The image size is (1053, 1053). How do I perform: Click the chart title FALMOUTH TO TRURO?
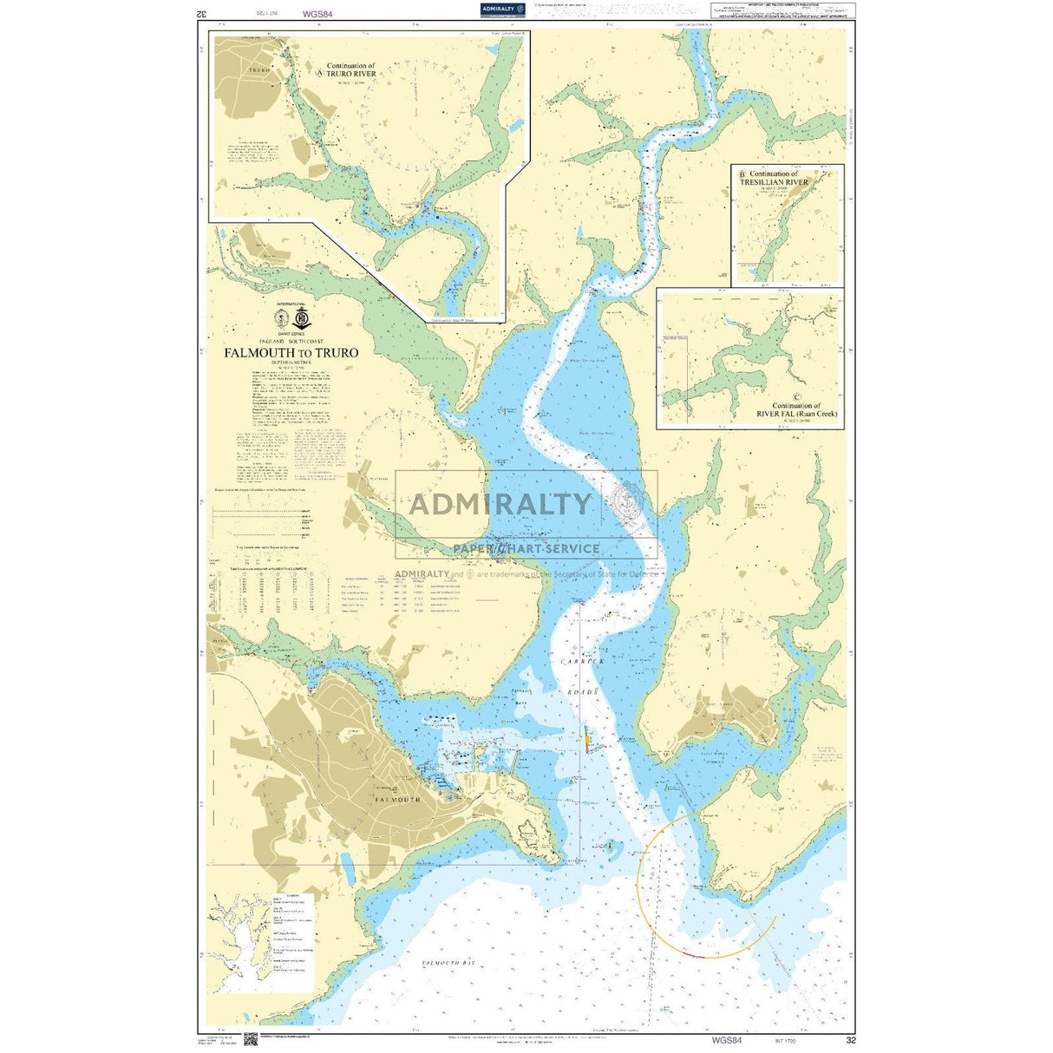[291, 353]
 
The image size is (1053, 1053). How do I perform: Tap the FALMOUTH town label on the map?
[397, 799]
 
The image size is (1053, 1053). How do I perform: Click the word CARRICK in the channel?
[581, 661]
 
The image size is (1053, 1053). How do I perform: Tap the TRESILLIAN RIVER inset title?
[774, 182]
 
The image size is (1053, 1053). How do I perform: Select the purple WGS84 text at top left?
[317, 14]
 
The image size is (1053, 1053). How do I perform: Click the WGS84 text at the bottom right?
[726, 1040]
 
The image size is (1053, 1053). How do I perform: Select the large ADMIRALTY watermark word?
[500, 504]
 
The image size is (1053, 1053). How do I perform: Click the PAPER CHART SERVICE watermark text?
[526, 548]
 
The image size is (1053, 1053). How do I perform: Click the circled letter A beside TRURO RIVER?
[320, 75]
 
